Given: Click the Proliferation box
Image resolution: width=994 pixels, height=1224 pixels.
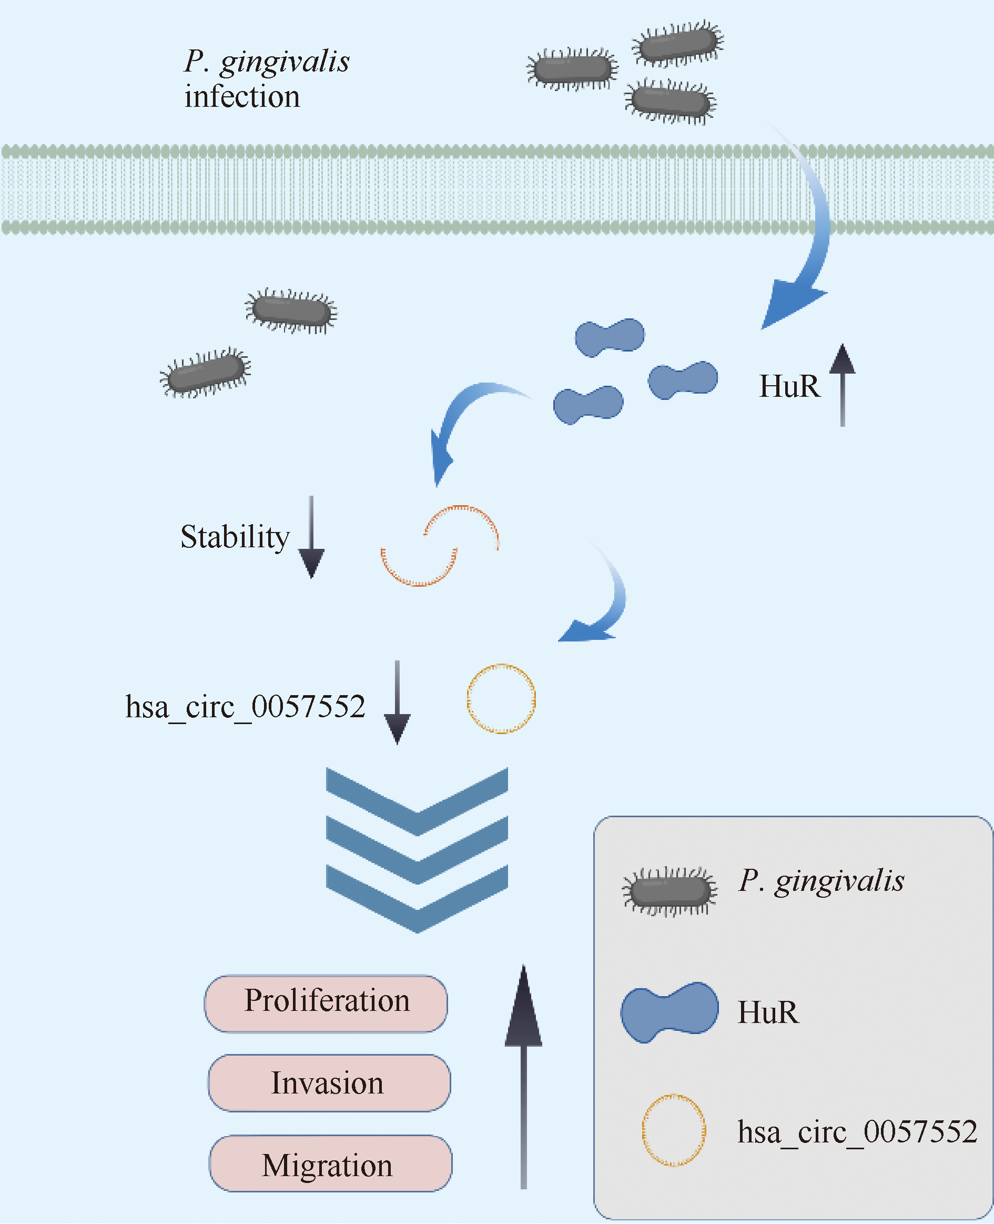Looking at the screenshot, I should click(x=326, y=1004).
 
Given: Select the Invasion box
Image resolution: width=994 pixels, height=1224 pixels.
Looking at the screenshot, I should click(x=329, y=1083).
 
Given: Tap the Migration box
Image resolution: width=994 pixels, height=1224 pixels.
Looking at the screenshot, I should click(x=330, y=1163).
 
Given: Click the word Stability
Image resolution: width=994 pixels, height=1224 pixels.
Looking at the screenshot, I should click(x=235, y=537).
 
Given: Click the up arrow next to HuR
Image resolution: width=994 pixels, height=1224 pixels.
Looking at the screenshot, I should click(x=842, y=384).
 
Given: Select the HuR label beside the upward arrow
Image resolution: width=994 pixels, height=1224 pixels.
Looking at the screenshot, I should click(x=789, y=386).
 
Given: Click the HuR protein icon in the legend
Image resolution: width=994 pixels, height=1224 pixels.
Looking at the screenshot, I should click(x=670, y=1011).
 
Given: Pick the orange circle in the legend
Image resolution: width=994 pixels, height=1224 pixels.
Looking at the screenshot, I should click(x=673, y=1130).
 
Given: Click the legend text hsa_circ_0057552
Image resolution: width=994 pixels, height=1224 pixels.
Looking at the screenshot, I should click(x=857, y=1132).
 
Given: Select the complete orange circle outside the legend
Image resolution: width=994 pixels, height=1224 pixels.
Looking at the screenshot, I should click(x=501, y=698).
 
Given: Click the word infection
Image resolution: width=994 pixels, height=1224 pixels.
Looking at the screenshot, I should click(x=242, y=97).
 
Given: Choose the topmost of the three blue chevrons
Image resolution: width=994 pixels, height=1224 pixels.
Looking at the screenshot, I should click(x=417, y=801).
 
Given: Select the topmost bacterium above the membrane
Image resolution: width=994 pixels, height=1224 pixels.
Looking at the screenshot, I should click(x=678, y=44).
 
